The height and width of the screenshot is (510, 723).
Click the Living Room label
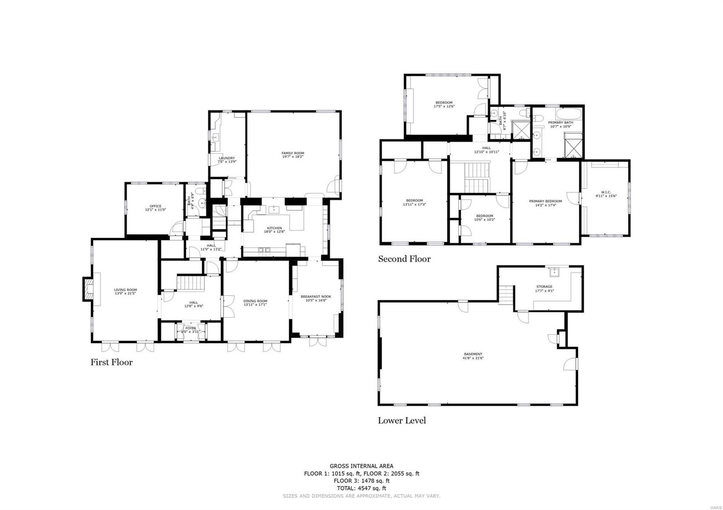[125, 290]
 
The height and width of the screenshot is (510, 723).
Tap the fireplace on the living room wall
[87, 289]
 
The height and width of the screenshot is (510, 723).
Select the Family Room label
[292, 153]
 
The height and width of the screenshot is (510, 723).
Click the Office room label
[155, 206]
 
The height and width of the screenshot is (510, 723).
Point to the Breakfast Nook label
[316, 297]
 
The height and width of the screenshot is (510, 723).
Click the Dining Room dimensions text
[255, 304]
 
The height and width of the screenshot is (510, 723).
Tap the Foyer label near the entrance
[191, 328]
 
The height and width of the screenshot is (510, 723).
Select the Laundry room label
[226, 158]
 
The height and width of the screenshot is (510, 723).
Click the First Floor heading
[111, 362]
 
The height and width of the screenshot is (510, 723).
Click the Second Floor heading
[404, 259]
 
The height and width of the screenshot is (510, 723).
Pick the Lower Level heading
[402, 421]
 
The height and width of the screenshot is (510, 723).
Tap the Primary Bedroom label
[545, 201]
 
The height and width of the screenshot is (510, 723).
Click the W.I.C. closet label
[606, 192]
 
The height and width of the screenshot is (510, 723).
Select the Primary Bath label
[560, 123]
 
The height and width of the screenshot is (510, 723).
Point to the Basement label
[473, 354]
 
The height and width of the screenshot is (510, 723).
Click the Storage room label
[544, 287]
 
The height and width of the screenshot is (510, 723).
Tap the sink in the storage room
[554, 272]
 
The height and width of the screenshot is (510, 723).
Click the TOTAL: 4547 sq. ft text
[361, 488]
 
